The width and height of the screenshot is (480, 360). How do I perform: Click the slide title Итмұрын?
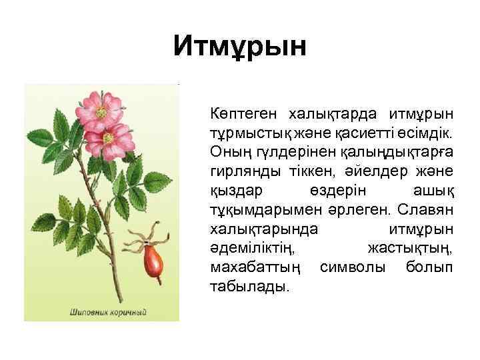240,47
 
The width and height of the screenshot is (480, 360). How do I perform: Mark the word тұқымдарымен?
263,210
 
